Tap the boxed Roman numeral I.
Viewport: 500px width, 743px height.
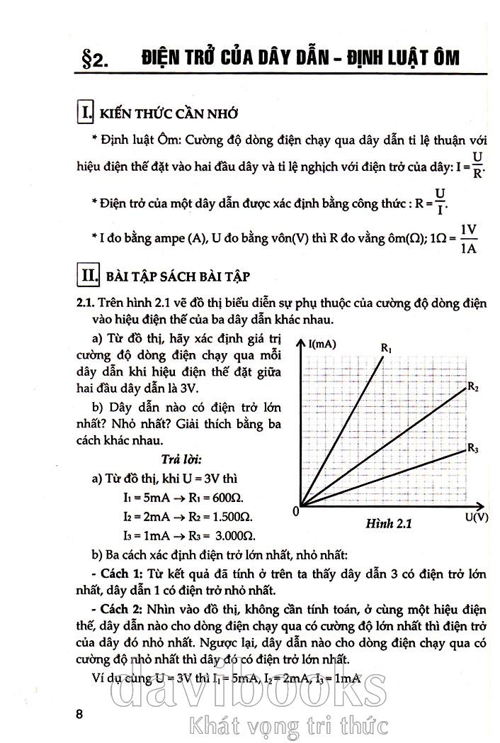(x=86, y=113)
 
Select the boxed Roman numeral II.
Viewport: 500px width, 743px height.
(x=89, y=274)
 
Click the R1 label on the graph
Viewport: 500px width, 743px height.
(x=387, y=347)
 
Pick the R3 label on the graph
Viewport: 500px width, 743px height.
(x=473, y=448)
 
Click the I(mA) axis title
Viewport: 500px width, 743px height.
(x=323, y=344)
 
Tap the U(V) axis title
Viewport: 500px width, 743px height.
(x=477, y=518)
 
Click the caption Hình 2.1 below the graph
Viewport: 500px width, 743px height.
(x=389, y=525)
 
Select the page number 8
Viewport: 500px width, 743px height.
(x=80, y=713)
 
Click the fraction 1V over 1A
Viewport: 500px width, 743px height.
(x=468, y=239)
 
